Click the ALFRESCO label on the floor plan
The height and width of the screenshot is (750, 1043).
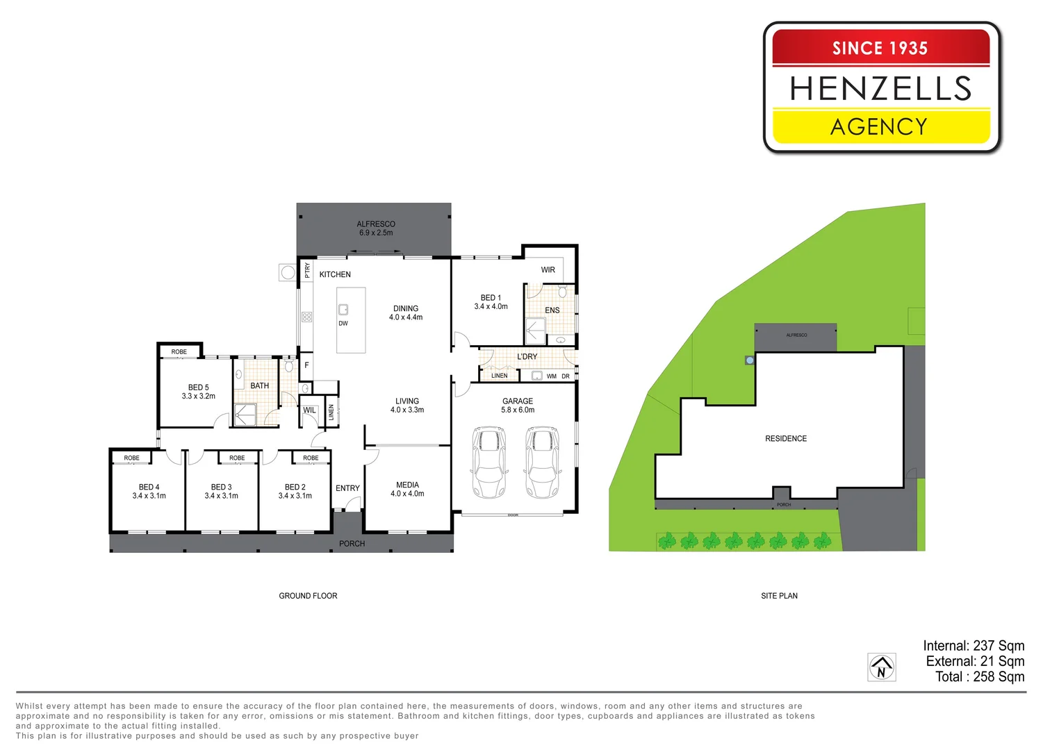[x=376, y=224]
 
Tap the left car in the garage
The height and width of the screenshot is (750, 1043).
[x=489, y=462]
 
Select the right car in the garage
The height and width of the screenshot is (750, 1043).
[x=542, y=462]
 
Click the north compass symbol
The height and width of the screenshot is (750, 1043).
[x=881, y=667]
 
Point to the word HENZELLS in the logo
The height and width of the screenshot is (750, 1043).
[x=880, y=89]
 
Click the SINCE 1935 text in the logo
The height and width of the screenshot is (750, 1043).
[x=880, y=48]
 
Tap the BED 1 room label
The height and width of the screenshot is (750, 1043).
[x=491, y=298]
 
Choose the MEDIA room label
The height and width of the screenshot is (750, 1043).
[x=407, y=485]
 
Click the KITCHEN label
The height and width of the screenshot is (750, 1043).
[x=335, y=274]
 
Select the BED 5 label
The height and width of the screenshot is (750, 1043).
[x=198, y=387]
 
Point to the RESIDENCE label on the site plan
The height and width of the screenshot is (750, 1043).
[x=786, y=439]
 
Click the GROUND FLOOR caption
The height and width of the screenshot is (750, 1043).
[x=308, y=596]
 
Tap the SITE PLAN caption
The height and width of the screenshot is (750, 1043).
[x=779, y=596]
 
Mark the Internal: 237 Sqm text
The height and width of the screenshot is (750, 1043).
[x=974, y=646]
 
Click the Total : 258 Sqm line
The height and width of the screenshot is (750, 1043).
[x=980, y=677]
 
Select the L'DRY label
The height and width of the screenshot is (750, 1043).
[x=527, y=356]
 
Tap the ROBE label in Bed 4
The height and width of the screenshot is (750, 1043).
[x=132, y=458]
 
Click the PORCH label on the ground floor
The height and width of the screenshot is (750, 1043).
[x=352, y=544]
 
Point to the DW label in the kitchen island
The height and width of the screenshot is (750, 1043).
[x=343, y=324]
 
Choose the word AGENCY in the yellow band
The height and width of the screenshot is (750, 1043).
[x=879, y=126]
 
